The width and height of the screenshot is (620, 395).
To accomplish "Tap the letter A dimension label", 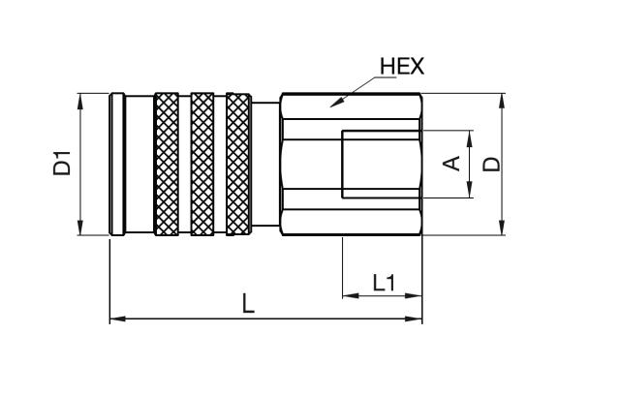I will [450, 164].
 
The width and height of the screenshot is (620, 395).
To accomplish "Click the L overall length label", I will [248, 304].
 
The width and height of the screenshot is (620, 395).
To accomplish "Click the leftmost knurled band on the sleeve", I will [167, 164].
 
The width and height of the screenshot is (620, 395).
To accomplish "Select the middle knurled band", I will [201, 164].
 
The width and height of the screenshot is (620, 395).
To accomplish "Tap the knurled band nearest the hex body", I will [236, 164].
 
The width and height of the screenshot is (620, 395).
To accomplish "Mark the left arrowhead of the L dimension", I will [113, 318].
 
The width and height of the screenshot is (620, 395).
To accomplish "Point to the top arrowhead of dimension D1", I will [79, 96].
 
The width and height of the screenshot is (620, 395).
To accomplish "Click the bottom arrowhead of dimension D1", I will [79, 231].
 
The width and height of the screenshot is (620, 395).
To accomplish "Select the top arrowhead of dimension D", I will [502, 97].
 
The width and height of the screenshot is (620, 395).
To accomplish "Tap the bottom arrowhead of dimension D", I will [502, 231].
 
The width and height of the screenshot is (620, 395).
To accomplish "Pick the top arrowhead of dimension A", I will [469, 133].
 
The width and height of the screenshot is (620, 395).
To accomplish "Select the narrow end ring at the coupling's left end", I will [116, 164].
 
